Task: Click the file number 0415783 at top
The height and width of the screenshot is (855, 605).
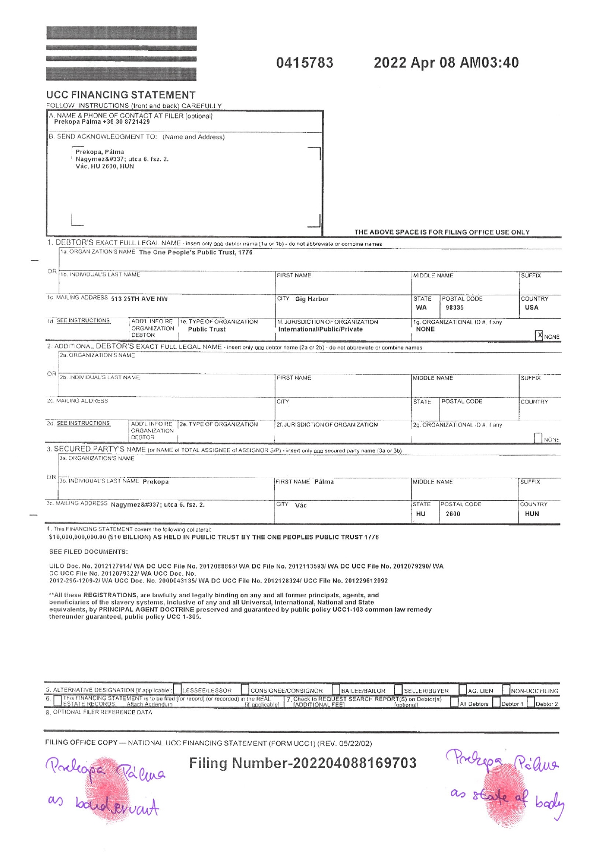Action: pyautogui.click(x=304, y=63)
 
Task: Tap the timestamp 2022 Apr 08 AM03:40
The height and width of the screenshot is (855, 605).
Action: pyautogui.click(x=446, y=63)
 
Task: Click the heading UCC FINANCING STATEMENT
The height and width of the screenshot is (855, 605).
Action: pyautogui.click(x=121, y=95)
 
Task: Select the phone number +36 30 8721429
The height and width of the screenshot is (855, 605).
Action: pyautogui.click(x=126, y=122)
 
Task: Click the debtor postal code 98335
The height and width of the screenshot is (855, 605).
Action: pyautogui.click(x=454, y=308)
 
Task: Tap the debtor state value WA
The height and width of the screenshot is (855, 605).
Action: pyautogui.click(x=421, y=308)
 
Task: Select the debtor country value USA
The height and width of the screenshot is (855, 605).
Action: pyautogui.click(x=531, y=308)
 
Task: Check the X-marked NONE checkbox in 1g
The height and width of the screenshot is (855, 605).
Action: pyautogui.click(x=539, y=335)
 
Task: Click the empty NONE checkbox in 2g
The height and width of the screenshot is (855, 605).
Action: pyautogui.click(x=538, y=438)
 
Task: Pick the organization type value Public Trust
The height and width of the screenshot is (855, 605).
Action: pyautogui.click(x=207, y=329)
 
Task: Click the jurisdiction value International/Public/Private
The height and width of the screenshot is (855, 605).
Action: pyautogui.click(x=321, y=329)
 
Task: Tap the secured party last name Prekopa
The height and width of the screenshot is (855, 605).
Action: pyautogui.click(x=156, y=482)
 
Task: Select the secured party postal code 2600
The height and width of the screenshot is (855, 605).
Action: pyautogui.click(x=453, y=514)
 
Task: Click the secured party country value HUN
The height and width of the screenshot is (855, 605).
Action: pyautogui.click(x=532, y=514)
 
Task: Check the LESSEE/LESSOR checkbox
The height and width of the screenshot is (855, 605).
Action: pyautogui.click(x=178, y=690)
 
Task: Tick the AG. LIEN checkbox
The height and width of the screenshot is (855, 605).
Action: pyautogui.click(x=463, y=690)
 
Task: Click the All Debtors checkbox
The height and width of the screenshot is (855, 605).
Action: pyautogui.click(x=454, y=703)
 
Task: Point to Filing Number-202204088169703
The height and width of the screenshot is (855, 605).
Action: pyautogui.click(x=302, y=763)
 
